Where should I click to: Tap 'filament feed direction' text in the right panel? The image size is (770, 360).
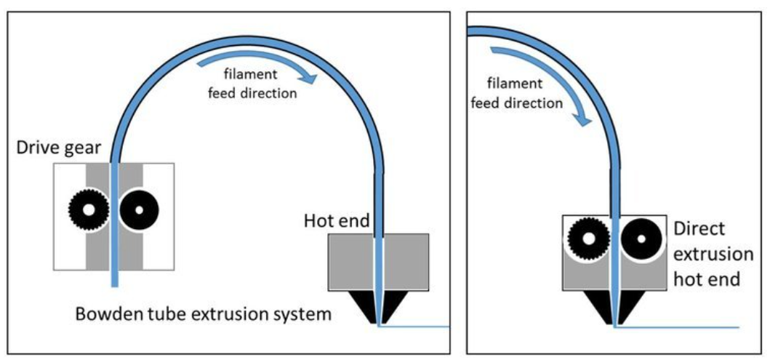517,95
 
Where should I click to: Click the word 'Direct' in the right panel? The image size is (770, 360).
699,229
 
